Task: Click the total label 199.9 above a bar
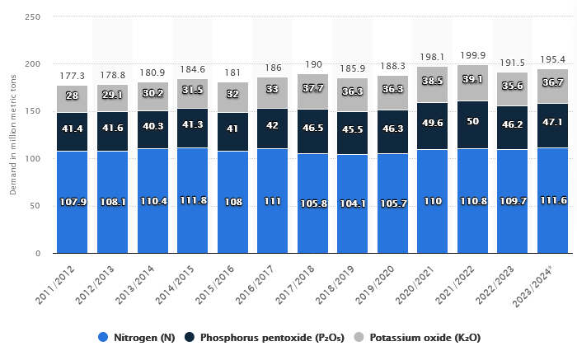pyautogui.click(x=472, y=54)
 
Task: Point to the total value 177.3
pyautogui.click(x=73, y=76)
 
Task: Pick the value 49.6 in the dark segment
pyautogui.click(x=432, y=123)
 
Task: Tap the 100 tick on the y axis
pyautogui.click(x=34, y=159)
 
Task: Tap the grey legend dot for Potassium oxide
pyautogui.click(x=359, y=338)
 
